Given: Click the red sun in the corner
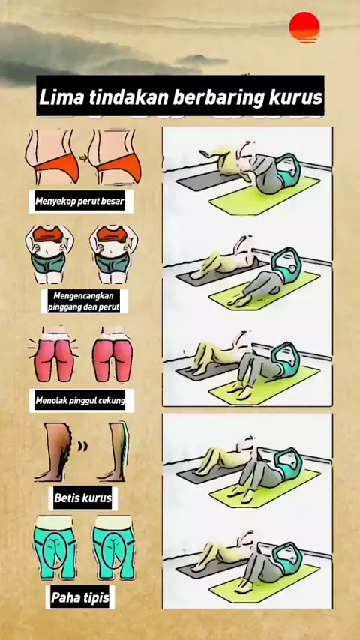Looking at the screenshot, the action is (304, 27).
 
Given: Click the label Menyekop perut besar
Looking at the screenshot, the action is (79, 201).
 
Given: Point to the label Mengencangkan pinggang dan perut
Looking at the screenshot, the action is (84, 301).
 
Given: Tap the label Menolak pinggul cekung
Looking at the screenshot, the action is (80, 400).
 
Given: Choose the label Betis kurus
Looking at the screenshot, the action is (83, 498).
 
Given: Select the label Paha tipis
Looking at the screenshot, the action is (80, 597).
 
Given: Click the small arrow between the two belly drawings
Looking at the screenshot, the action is (83, 158).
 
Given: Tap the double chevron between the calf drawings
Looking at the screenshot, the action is (82, 446).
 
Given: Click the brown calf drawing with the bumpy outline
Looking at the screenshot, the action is (55, 452).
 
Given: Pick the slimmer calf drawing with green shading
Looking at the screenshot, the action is (113, 452).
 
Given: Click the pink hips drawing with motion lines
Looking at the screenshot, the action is (54, 354).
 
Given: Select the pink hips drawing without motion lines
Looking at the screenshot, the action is (112, 354).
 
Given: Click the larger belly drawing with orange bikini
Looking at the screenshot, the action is (52, 157).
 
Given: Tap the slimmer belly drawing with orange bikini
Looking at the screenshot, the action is (115, 157).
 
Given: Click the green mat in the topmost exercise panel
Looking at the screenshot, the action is (264, 196).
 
